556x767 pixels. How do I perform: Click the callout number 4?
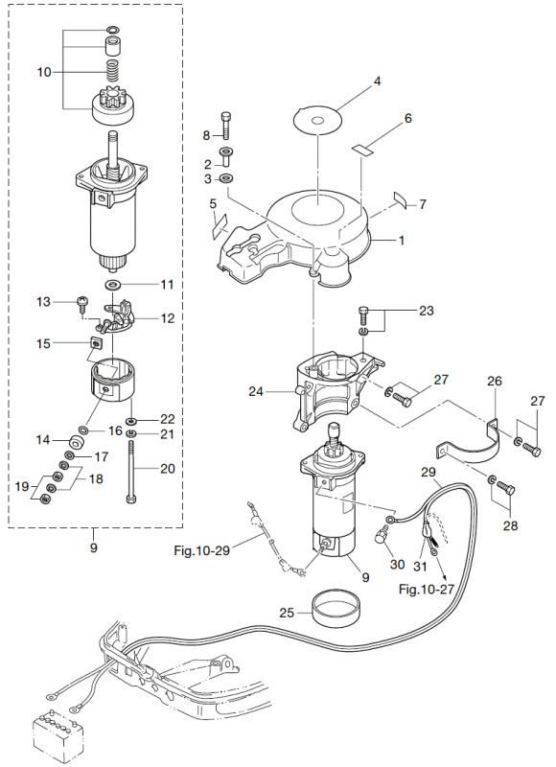(x=378, y=82)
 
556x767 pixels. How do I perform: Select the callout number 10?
(x=42, y=71)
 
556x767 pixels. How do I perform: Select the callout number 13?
(x=42, y=302)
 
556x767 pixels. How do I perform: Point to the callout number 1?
(x=402, y=241)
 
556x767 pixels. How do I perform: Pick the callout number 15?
(x=42, y=342)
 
